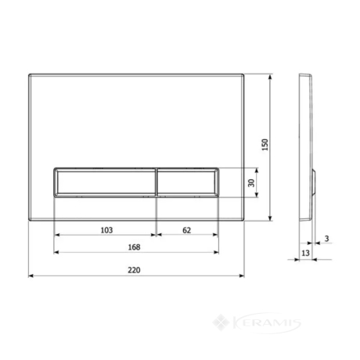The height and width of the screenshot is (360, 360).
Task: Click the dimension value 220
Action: click(134, 270)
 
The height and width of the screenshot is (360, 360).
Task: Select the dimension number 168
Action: click(134, 247)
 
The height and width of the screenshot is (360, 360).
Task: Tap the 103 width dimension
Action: click(106, 230)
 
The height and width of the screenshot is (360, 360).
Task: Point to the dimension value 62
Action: click(186, 230)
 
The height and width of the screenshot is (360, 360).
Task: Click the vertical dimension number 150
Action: click(265, 145)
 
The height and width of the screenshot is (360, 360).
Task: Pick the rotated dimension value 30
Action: click(251, 183)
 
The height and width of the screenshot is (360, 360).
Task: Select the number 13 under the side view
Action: click(305, 253)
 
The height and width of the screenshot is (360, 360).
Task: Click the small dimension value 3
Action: click(326, 239)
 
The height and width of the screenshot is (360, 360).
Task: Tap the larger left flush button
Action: click(105, 182)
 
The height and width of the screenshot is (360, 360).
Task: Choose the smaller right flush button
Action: click(187, 182)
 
